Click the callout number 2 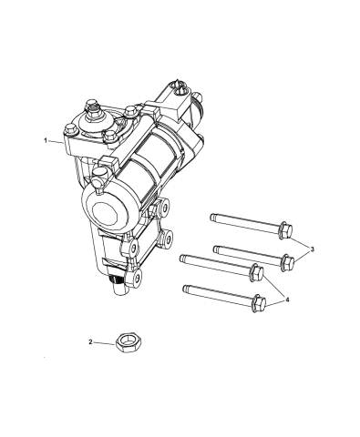pyautogui.click(x=91, y=342)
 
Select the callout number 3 pyautogui.click(x=314, y=248)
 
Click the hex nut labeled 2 pyautogui.click(x=129, y=343)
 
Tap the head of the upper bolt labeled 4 pyautogui.click(x=258, y=272)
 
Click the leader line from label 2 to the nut pyautogui.click(x=106, y=342)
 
